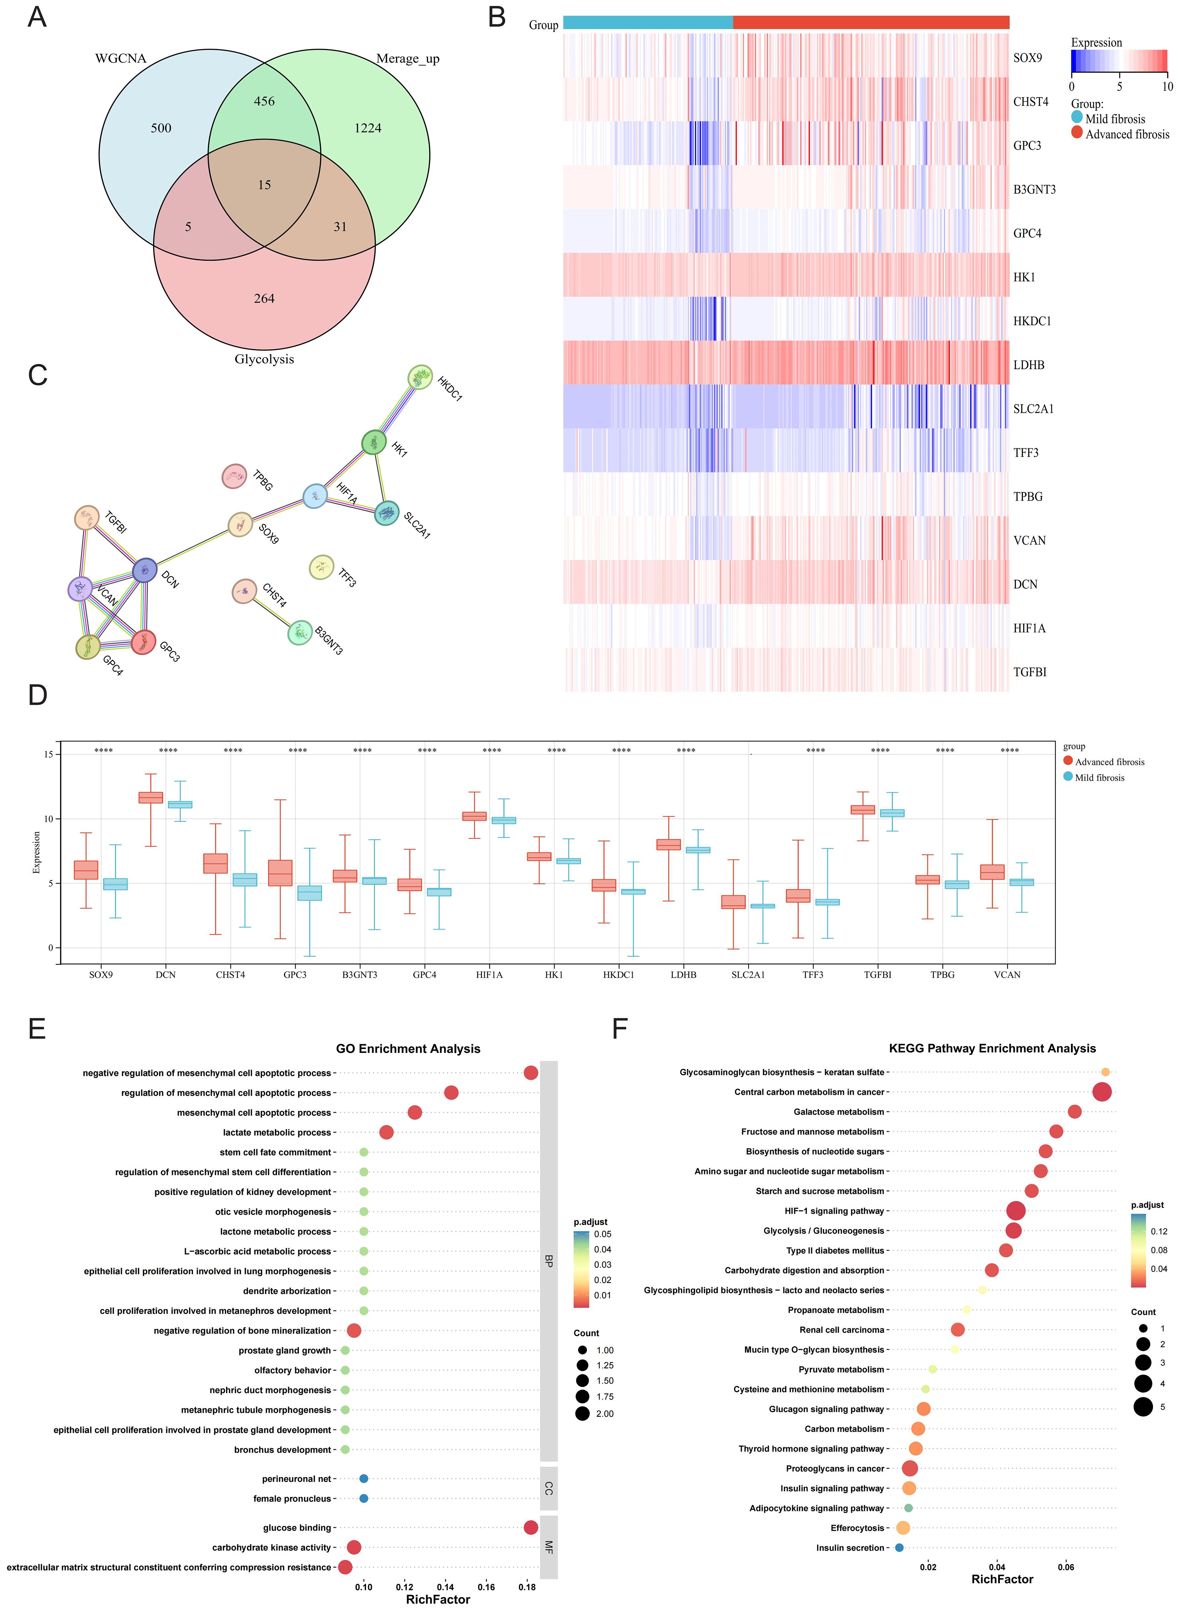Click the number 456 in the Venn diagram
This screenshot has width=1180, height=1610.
pos(264,101)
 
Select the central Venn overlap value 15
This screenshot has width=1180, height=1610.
pos(264,185)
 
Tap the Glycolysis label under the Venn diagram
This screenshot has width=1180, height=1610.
pos(264,359)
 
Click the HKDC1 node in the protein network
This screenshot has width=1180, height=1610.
pos(420,377)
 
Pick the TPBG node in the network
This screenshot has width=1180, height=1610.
pos(234,476)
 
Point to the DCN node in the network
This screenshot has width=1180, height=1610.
pos(145,570)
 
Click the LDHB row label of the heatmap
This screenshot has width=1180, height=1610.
pos(1029,365)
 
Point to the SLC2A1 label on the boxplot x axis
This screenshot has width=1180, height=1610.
pos(748,974)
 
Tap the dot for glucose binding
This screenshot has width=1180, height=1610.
pos(530,1527)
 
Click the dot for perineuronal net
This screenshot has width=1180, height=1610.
pos(364,1479)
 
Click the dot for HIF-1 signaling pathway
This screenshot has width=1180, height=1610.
pos(1016,1211)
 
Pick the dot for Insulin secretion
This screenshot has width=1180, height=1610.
pos(899,1548)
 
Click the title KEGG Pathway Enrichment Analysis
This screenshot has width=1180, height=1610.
pos(992,1048)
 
